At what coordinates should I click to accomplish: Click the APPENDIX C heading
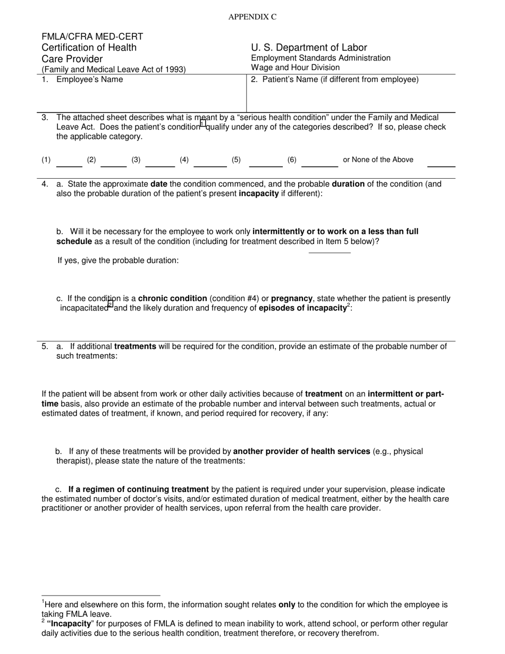point(252,17)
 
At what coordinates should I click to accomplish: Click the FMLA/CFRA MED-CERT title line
point(92,37)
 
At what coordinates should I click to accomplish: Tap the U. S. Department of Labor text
point(309,47)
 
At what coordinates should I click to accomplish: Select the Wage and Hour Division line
point(295,68)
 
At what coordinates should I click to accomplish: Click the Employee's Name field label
point(89,80)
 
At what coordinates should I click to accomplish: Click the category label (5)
point(236,160)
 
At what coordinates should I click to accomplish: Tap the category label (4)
point(184,160)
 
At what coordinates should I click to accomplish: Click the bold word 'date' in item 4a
point(159,184)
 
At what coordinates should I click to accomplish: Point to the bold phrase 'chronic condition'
point(172,298)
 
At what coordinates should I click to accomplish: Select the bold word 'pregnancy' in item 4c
point(292,298)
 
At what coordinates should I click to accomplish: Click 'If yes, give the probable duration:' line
point(118,261)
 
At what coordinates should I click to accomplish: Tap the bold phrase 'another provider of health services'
point(301,451)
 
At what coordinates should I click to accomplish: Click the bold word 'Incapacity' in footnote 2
point(69,624)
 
